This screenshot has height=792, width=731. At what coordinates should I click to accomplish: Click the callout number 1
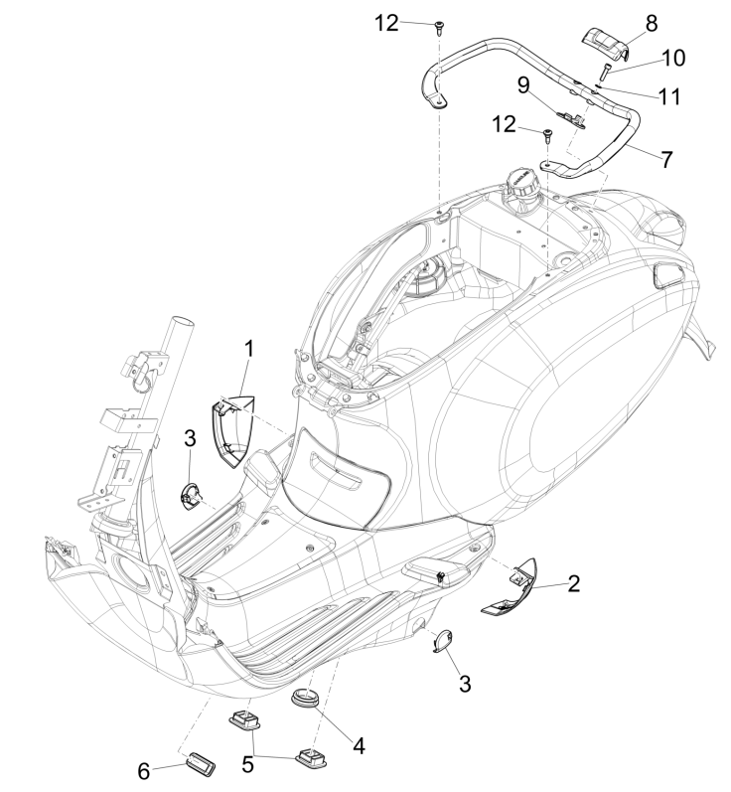coord(249,349)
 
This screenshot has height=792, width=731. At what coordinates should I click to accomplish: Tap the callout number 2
coord(573,585)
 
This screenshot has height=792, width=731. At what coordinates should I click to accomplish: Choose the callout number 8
coord(651,21)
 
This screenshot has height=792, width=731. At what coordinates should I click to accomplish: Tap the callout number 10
coord(672,58)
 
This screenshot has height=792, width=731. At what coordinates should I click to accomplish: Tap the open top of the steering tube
coord(181,326)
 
